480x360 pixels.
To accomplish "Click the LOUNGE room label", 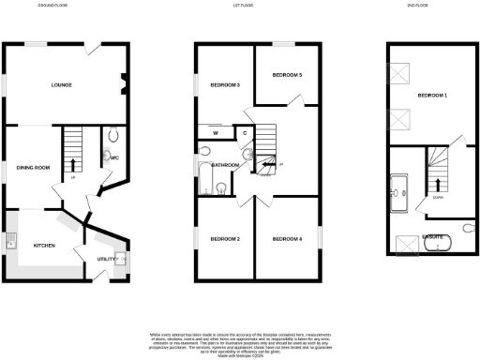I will click(x=62, y=85).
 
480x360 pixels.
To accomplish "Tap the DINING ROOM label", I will click(x=33, y=168).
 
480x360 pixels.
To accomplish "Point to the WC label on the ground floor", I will click(x=114, y=157).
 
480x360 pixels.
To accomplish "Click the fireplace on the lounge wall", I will click(x=122, y=86).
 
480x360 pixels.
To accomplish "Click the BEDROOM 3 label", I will click(x=225, y=85).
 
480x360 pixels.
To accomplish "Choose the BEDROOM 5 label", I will click(x=287, y=74).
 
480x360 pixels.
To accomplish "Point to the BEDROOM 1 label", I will click(x=432, y=96).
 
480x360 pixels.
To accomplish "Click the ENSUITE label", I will click(x=432, y=236).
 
